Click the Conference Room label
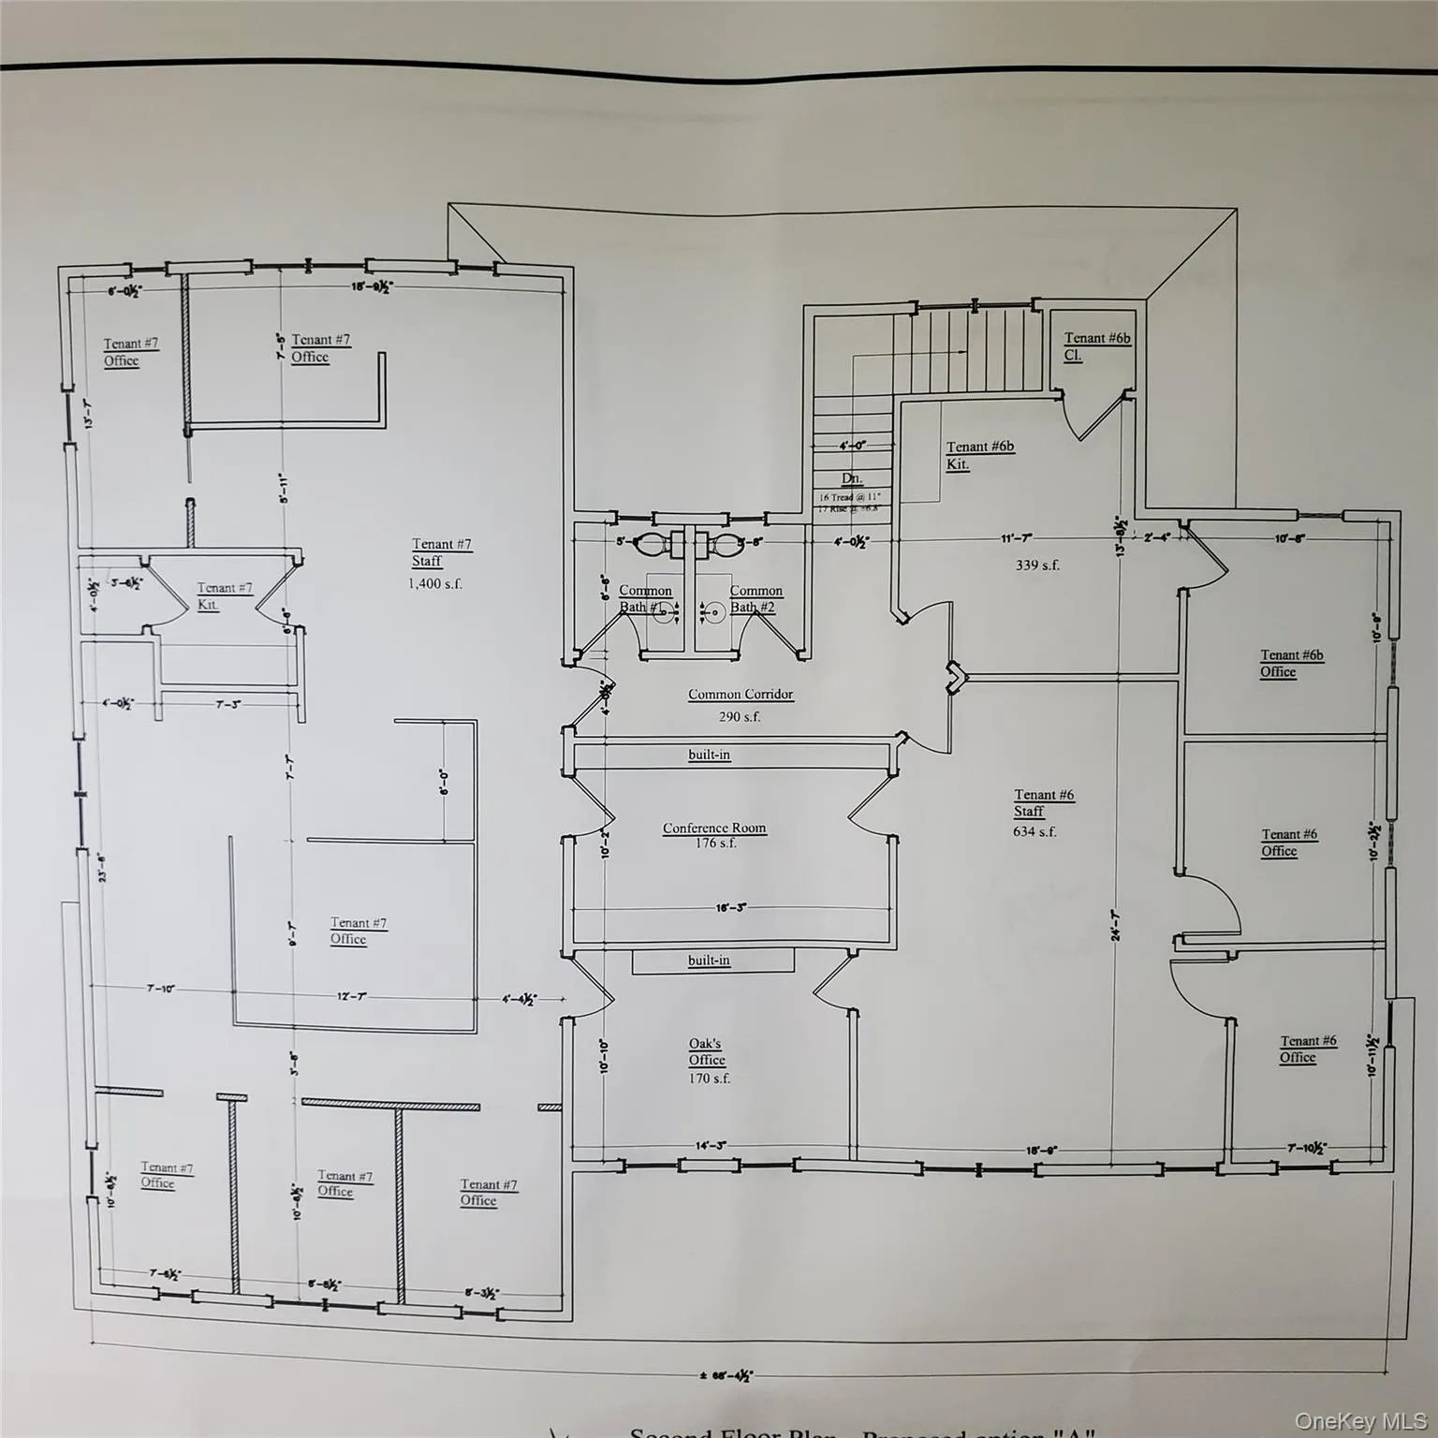tap(714, 829)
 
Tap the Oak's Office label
tap(706, 1051)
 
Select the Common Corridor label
tap(740, 695)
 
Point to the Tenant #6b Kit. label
tap(979, 455)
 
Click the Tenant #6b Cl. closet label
tap(1096, 346)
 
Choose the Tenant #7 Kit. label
tap(224, 595)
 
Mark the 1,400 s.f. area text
tap(434, 584)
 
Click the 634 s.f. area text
tap(1034, 831)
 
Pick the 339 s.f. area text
tap(1037, 565)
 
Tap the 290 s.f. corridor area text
tap(740, 717)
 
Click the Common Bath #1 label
tap(644, 599)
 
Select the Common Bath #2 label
tap(756, 599)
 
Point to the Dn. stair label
tap(851, 478)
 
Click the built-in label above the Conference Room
tap(709, 755)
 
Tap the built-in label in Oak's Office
tap(709, 961)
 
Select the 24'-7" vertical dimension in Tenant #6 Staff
tap(1116, 926)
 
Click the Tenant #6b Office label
tap(1291, 663)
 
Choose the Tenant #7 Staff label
tap(441, 552)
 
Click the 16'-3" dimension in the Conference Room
tap(730, 908)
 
